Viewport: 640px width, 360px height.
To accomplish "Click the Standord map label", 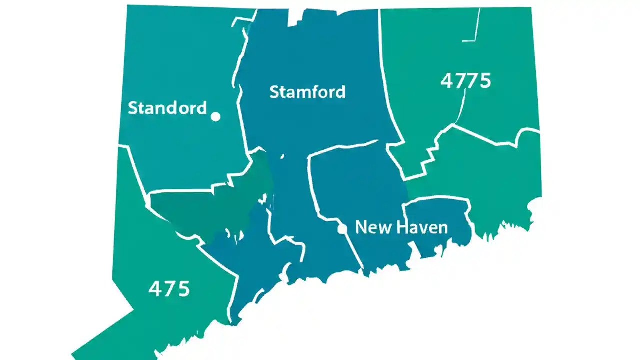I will pos(167,108).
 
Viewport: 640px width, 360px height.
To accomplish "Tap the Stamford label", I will pos(307,92).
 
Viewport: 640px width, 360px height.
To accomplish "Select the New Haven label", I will pos(401,228).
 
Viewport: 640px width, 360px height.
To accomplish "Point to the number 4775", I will pos(466,80).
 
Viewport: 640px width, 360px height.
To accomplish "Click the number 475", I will pos(169,289).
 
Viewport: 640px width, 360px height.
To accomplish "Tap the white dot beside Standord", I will pos(216,116).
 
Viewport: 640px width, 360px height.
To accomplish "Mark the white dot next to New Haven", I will pos(342,229).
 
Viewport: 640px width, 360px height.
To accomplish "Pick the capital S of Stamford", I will pos(274,92).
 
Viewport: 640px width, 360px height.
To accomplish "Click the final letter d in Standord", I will pos(201,108).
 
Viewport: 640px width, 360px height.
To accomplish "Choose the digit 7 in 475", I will pos(170,289).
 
